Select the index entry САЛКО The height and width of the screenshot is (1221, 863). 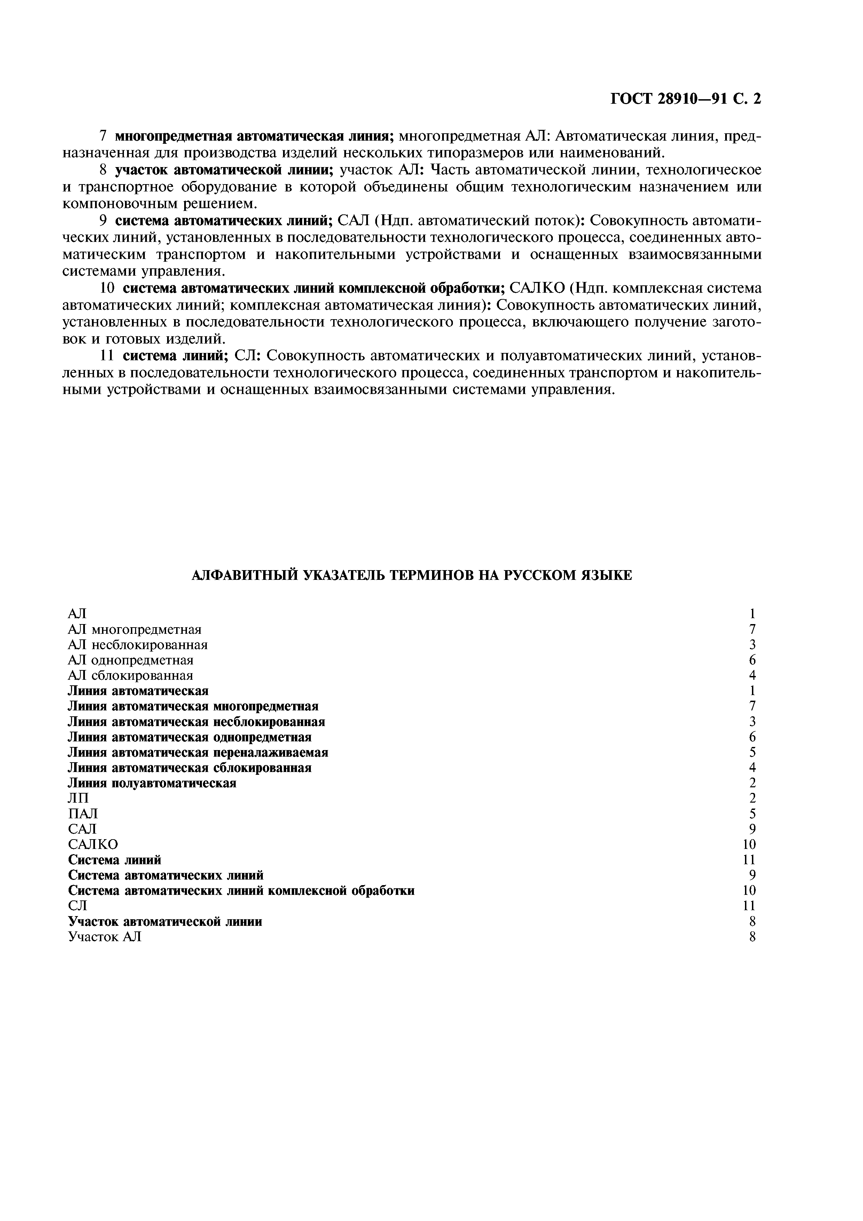(93, 844)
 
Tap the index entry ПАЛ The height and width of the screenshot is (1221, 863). (83, 814)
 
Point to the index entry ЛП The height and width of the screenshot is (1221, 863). (79, 798)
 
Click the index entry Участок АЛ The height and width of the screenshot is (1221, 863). (105, 937)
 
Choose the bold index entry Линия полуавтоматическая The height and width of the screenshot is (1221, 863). (152, 783)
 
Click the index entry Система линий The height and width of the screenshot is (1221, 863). (114, 860)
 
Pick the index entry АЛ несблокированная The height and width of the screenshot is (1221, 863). (138, 645)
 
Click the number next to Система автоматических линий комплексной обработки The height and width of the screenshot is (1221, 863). (749, 891)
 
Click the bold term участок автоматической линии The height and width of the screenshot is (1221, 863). (224, 170)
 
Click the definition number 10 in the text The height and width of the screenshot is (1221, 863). (108, 288)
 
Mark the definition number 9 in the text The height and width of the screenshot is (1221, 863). (104, 221)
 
